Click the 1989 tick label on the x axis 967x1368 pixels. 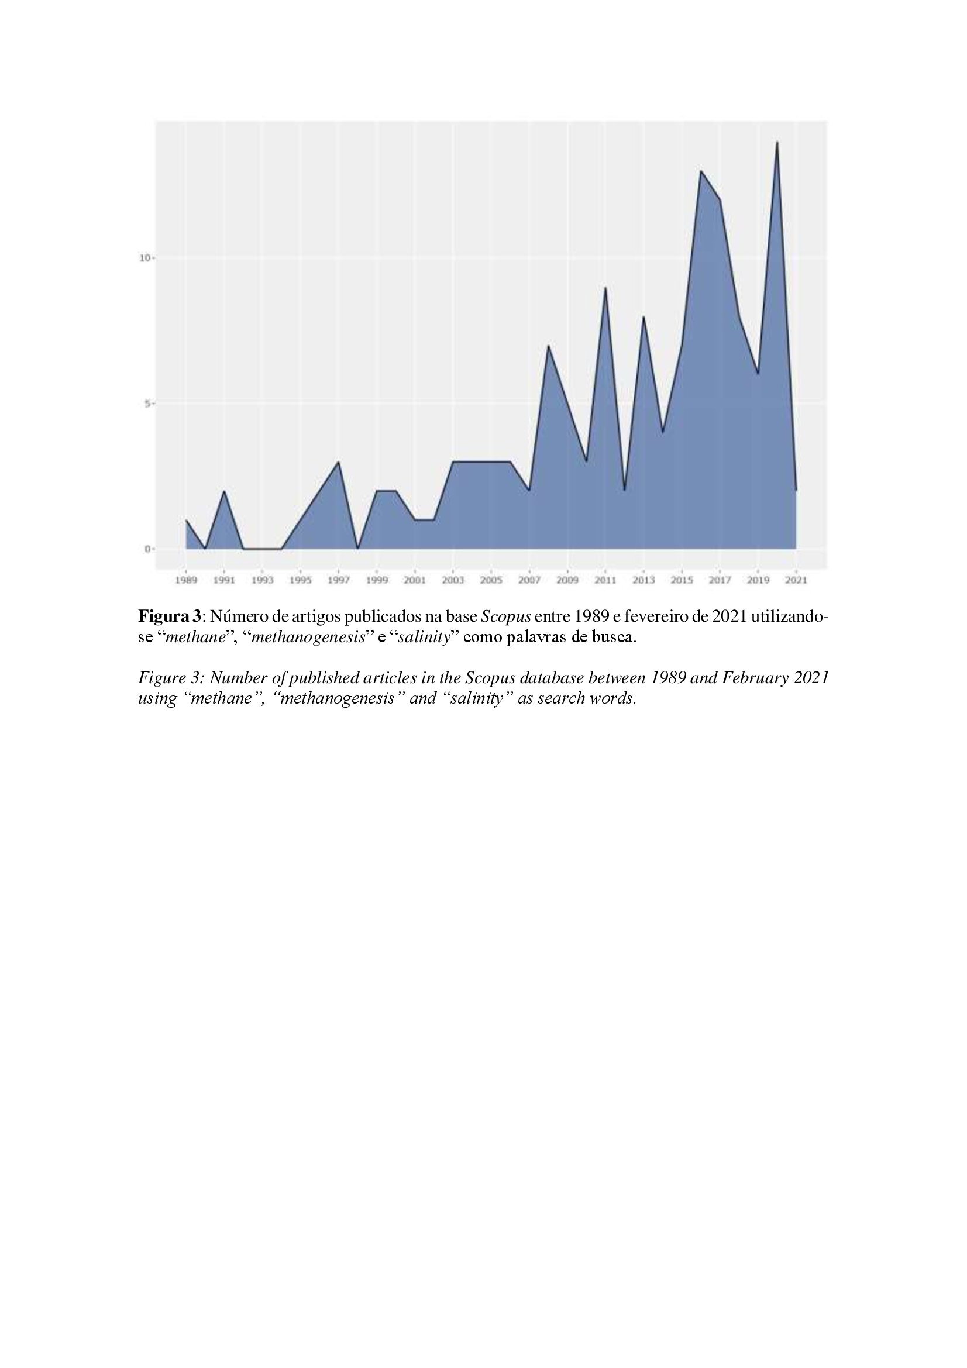coord(186,580)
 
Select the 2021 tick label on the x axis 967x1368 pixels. coord(796,580)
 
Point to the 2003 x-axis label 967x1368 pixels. coord(453,580)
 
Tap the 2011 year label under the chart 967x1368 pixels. coord(605,580)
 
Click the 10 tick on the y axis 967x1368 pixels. coord(143,258)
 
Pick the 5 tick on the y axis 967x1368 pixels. coord(146,404)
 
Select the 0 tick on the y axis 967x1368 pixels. coord(146,549)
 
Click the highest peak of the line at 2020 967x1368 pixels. coord(777,142)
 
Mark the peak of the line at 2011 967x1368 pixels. coord(605,288)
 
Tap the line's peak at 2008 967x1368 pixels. coord(548,346)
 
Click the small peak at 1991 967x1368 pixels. coord(224,491)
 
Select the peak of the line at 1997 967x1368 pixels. coord(338,462)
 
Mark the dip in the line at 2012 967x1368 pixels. coord(624,490)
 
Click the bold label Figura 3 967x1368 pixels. coord(170,615)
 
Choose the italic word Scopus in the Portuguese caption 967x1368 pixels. coord(506,615)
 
